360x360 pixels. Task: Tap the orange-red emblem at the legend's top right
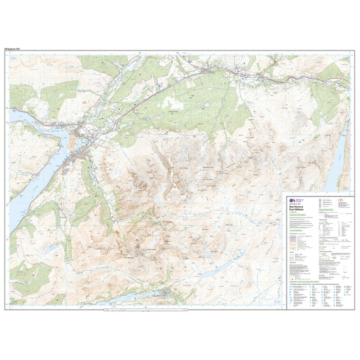340,197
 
